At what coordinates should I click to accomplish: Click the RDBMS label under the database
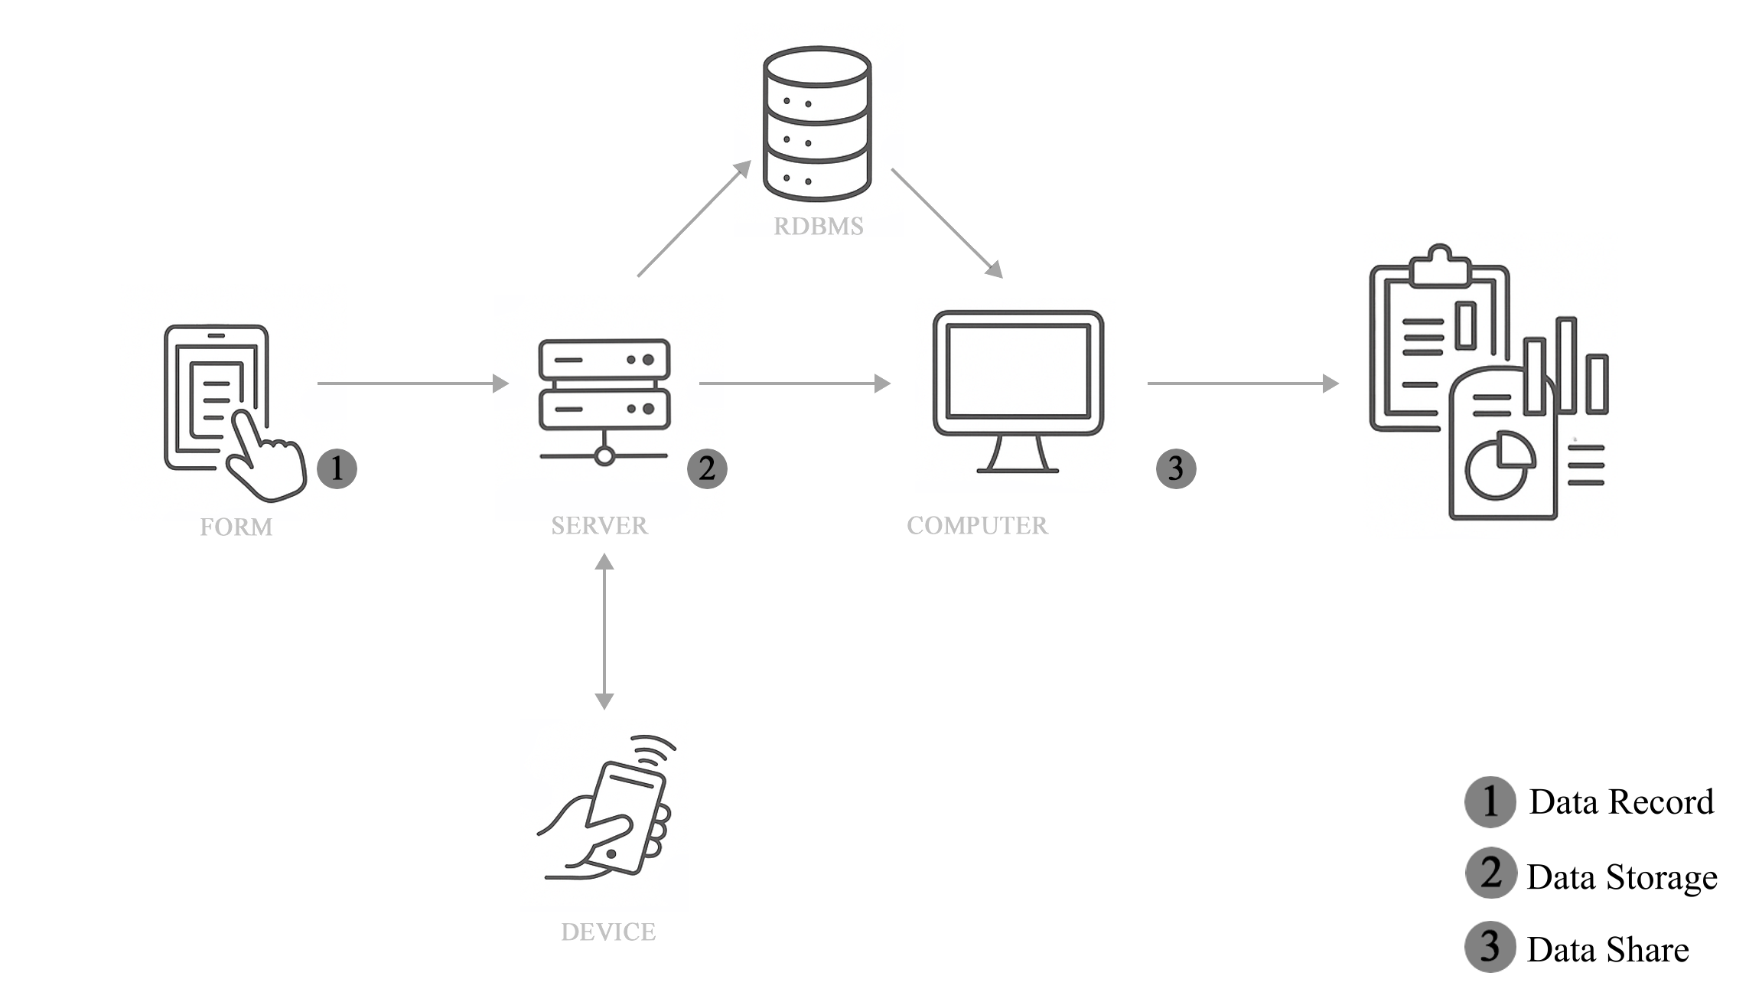pos(818,227)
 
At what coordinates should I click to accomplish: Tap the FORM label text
pos(236,527)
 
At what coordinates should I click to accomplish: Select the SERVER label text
pos(600,526)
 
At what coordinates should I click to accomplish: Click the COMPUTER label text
pos(977,525)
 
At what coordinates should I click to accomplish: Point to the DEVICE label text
pos(608,932)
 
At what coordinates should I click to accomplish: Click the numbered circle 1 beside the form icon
pos(337,468)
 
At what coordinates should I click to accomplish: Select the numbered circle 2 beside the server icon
pos(707,468)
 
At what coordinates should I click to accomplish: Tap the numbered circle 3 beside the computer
pos(1175,468)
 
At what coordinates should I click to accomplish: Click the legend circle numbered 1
pos(1490,802)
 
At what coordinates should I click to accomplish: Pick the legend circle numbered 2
pos(1490,873)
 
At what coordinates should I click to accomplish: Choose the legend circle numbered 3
pos(1490,946)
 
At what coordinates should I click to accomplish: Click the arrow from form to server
pos(413,384)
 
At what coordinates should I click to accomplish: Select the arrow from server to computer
pos(796,384)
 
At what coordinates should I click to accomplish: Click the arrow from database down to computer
pos(947,223)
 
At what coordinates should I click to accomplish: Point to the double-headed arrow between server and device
pos(604,632)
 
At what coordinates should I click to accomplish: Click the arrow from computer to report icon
pos(1243,384)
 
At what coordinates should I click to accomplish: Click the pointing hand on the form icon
pos(264,459)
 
